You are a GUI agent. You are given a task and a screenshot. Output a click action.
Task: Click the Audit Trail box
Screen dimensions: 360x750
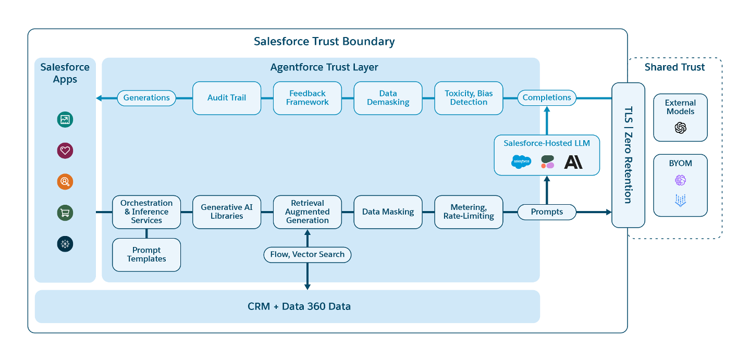pyautogui.click(x=227, y=98)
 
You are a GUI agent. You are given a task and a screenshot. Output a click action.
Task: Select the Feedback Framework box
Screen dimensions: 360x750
pyautogui.click(x=308, y=98)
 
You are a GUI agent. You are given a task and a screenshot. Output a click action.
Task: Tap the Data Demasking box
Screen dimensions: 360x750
pyautogui.click(x=388, y=98)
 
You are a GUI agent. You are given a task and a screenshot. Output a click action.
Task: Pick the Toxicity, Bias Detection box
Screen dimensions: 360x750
pyautogui.click(x=469, y=98)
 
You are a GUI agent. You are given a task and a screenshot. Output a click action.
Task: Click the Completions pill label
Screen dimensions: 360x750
pyautogui.click(x=547, y=97)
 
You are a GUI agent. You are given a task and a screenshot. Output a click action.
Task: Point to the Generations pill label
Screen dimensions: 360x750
pyautogui.click(x=146, y=97)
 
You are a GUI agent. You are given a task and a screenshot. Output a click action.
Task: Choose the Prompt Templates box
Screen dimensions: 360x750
pyautogui.click(x=146, y=255)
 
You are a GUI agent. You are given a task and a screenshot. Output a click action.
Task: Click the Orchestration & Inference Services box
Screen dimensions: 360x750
pyautogui.click(x=146, y=212)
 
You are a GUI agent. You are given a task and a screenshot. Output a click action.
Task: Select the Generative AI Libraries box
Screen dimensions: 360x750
pyautogui.click(x=227, y=212)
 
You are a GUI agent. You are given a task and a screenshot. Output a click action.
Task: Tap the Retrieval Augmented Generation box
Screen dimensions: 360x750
pyautogui.click(x=308, y=212)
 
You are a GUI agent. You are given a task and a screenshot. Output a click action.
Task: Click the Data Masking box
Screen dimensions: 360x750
pyautogui.click(x=388, y=212)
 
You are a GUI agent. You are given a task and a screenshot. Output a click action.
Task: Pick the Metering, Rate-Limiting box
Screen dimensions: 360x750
pyautogui.click(x=469, y=212)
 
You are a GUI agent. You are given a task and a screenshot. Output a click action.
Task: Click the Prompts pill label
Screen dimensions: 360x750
pyautogui.click(x=547, y=212)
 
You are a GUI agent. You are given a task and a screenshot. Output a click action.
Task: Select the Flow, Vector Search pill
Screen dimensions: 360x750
pyautogui.click(x=308, y=255)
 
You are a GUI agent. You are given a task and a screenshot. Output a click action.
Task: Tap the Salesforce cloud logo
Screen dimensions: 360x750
pyautogui.click(x=521, y=162)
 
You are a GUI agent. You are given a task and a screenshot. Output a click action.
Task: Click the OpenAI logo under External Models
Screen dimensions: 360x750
pyautogui.click(x=680, y=128)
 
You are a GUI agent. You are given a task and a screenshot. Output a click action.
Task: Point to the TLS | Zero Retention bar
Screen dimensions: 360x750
pyautogui.click(x=628, y=155)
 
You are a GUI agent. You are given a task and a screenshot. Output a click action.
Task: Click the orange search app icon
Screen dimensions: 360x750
pyautogui.click(x=65, y=182)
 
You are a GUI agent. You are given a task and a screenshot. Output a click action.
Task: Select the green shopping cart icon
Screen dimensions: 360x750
pyautogui.click(x=65, y=213)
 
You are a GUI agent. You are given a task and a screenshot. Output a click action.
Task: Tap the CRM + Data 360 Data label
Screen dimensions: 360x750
pyautogui.click(x=299, y=306)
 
